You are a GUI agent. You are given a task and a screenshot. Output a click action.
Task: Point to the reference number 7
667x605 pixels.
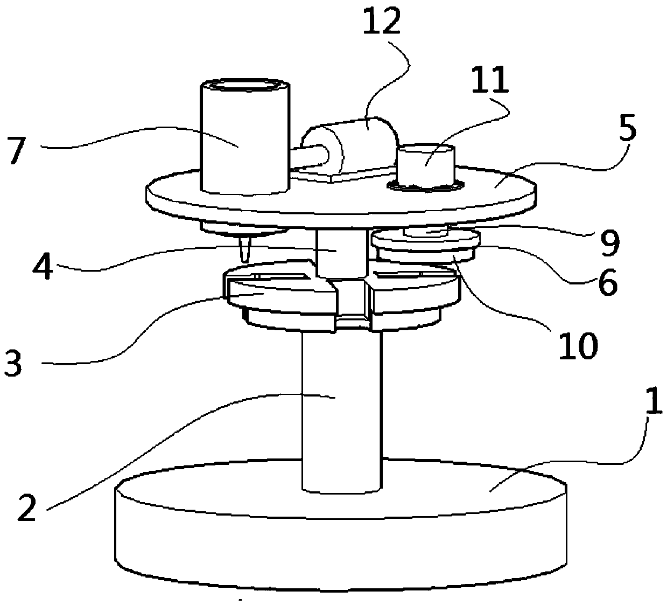16,149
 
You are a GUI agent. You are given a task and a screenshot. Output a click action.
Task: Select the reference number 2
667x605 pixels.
26,505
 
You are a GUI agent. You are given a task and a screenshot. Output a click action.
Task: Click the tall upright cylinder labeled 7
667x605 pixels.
244,140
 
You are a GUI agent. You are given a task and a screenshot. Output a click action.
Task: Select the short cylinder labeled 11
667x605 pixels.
425,164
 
